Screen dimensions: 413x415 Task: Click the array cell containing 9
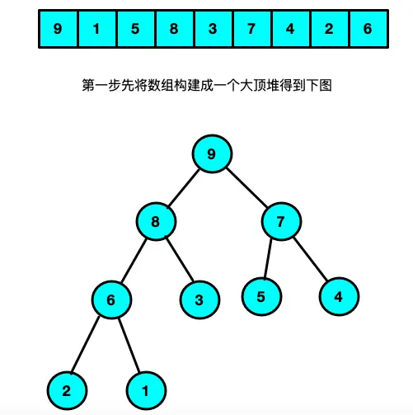click(x=58, y=29)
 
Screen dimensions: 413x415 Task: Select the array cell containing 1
click(x=97, y=29)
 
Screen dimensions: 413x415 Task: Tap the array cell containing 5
click(x=136, y=29)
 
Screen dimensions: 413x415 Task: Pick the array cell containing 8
click(x=175, y=29)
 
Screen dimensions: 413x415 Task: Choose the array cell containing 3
click(x=214, y=29)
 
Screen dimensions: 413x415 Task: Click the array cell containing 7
click(x=252, y=29)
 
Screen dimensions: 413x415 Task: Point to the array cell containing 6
click(x=369, y=29)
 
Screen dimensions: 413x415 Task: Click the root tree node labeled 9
click(x=212, y=153)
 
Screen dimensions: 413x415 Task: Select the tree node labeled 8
click(x=156, y=221)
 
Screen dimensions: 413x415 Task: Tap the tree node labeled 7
click(x=281, y=221)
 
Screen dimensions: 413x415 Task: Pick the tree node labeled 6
click(x=111, y=299)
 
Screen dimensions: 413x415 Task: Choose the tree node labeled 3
click(x=199, y=299)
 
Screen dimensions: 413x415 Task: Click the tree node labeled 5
click(x=261, y=296)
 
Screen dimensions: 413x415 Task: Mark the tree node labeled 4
click(x=339, y=296)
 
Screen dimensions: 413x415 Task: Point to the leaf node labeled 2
click(x=67, y=390)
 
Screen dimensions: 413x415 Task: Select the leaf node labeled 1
click(x=146, y=390)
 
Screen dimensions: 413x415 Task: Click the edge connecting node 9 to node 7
click(x=246, y=187)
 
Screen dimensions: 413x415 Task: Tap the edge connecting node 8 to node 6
click(x=134, y=261)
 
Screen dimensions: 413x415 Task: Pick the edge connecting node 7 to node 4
click(x=310, y=259)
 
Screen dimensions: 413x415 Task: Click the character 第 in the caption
click(x=88, y=85)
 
